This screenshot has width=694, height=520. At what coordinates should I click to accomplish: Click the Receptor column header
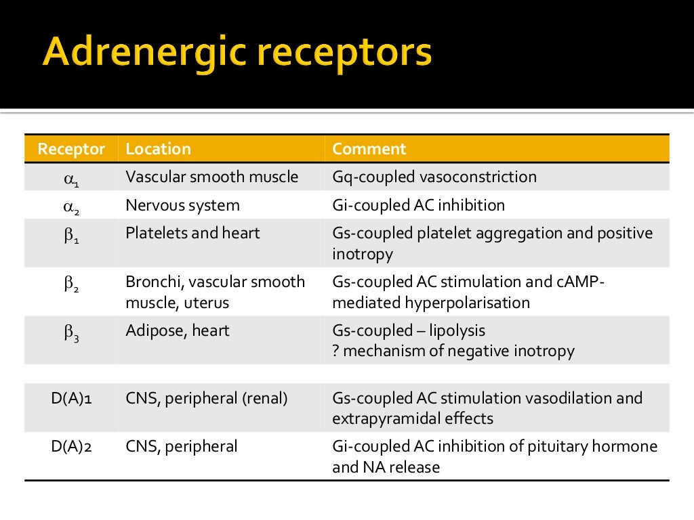click(x=71, y=149)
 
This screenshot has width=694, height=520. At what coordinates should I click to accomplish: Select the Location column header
click(x=159, y=149)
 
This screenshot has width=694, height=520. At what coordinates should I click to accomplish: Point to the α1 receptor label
click(x=72, y=179)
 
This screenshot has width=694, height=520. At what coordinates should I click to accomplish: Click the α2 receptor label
click(x=72, y=207)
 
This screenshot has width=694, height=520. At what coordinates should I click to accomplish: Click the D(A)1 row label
click(x=72, y=398)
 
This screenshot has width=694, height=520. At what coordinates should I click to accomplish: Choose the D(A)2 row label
click(x=72, y=446)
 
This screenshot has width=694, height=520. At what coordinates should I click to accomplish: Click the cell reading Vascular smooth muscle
click(x=212, y=177)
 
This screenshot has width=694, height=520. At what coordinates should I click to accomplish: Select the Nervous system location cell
click(x=183, y=204)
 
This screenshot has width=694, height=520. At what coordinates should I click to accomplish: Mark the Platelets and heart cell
click(x=193, y=233)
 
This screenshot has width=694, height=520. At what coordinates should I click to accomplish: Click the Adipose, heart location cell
click(x=178, y=330)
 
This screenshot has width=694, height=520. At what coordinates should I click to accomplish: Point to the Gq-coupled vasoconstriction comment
click(x=434, y=177)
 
